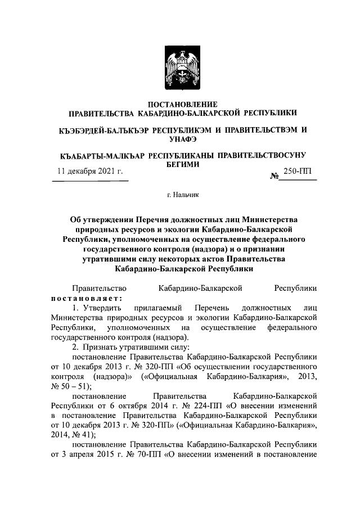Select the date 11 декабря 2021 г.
90,172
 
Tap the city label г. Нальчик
180,195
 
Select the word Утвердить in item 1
101,308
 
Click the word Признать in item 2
102,346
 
